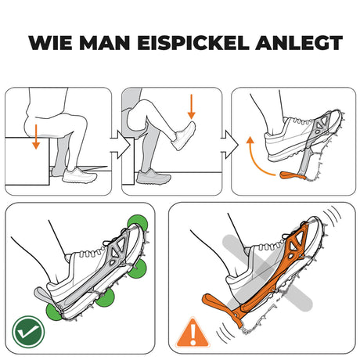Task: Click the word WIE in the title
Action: (x=48, y=42)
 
